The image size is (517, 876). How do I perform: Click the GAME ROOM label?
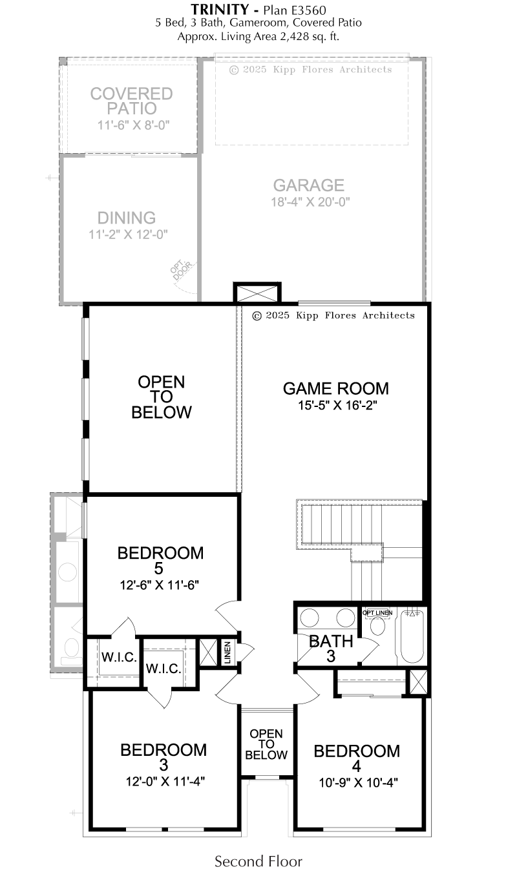click(336, 389)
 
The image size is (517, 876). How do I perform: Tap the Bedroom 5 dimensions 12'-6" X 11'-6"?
click(160, 585)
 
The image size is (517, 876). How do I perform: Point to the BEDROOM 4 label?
click(357, 758)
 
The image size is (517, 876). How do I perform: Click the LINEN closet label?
click(228, 652)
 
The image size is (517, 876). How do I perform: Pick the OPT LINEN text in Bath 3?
click(377, 613)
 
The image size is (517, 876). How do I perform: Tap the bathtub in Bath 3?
click(412, 637)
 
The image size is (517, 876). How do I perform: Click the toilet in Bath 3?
click(377, 626)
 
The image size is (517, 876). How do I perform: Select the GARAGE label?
click(308, 185)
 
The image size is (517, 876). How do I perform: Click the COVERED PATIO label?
click(131, 101)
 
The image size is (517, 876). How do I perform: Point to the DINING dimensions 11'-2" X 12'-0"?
click(128, 235)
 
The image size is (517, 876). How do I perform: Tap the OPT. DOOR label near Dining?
click(181, 269)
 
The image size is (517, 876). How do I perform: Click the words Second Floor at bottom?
click(258, 862)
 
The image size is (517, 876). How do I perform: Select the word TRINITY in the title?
click(220, 9)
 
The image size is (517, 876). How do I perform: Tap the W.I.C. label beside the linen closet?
click(164, 669)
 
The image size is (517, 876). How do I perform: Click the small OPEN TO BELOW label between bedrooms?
click(266, 744)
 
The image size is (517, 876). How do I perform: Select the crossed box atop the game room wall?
click(257, 293)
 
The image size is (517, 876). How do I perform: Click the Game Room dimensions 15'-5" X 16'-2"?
click(337, 406)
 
